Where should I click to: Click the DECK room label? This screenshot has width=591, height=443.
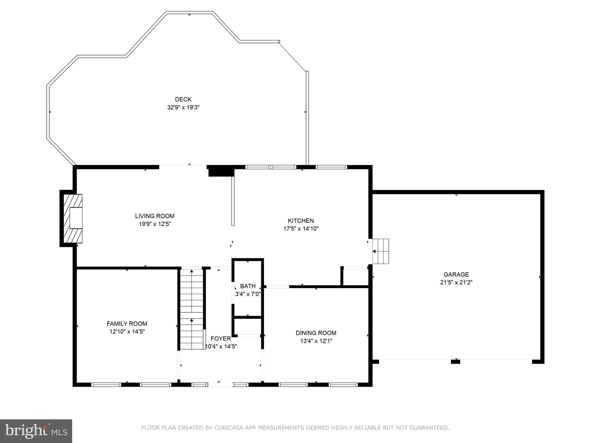click(183, 100)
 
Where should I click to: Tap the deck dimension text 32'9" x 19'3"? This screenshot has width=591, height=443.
click(183, 108)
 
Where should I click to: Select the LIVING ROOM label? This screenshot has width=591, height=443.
click(155, 216)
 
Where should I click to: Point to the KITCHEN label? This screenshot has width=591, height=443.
click(301, 221)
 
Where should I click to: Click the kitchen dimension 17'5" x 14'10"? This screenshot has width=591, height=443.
click(301, 229)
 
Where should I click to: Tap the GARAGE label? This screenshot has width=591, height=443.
click(456, 275)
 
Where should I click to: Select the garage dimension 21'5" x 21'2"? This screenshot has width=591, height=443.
click(456, 283)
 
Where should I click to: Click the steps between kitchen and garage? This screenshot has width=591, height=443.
click(381, 251)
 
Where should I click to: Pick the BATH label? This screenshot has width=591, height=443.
click(248, 286)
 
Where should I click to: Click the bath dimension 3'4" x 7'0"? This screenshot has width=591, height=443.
click(248, 294)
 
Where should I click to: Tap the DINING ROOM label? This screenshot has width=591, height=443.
click(316, 333)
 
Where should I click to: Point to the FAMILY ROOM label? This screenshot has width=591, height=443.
click(127, 324)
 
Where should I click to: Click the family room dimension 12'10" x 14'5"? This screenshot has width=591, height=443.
click(127, 332)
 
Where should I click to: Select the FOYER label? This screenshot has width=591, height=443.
click(221, 339)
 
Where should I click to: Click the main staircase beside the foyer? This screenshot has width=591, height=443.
click(192, 309)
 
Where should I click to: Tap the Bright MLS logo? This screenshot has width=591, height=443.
click(36, 431)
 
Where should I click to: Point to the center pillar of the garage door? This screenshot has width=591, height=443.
click(455, 361)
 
